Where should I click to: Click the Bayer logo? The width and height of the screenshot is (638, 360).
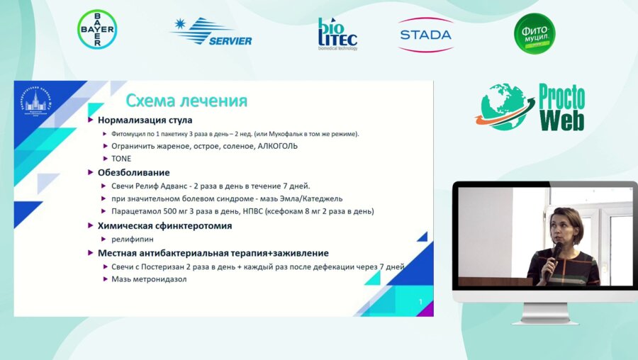pyautogui.click(x=97, y=29)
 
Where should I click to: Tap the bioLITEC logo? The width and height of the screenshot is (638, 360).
pyautogui.click(x=337, y=33)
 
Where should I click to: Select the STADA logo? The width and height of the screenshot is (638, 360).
pyautogui.click(x=425, y=34)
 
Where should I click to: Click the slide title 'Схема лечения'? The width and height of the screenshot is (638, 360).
pyautogui.click(x=186, y=101)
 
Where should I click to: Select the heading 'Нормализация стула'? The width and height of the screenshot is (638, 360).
pyautogui.click(x=145, y=120)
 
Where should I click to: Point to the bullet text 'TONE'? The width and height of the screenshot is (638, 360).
pyautogui.click(x=121, y=158)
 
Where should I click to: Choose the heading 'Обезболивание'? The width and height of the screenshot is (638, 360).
pyautogui.click(x=133, y=172)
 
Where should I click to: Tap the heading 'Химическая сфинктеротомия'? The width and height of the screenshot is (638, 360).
pyautogui.click(x=164, y=225)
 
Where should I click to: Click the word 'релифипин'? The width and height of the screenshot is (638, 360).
pyautogui.click(x=133, y=240)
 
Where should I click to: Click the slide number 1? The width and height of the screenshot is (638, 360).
pyautogui.click(x=420, y=303)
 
